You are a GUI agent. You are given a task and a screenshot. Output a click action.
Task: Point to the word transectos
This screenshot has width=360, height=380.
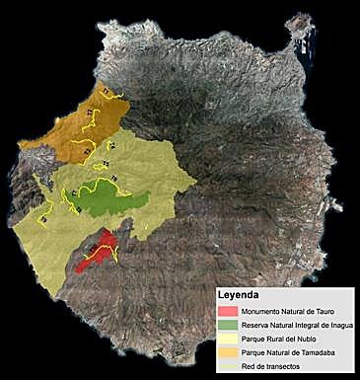(280, 366)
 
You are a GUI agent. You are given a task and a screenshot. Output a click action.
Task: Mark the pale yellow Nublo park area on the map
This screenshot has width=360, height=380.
(148, 168)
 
